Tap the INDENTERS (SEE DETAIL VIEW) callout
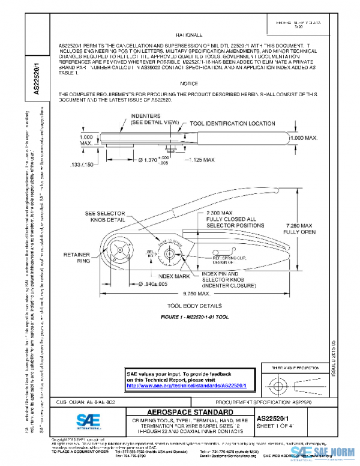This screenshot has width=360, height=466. click(x=154, y=119)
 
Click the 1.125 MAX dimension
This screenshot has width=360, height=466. click(x=199, y=160)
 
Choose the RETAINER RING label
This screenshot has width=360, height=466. click(x=76, y=258)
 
